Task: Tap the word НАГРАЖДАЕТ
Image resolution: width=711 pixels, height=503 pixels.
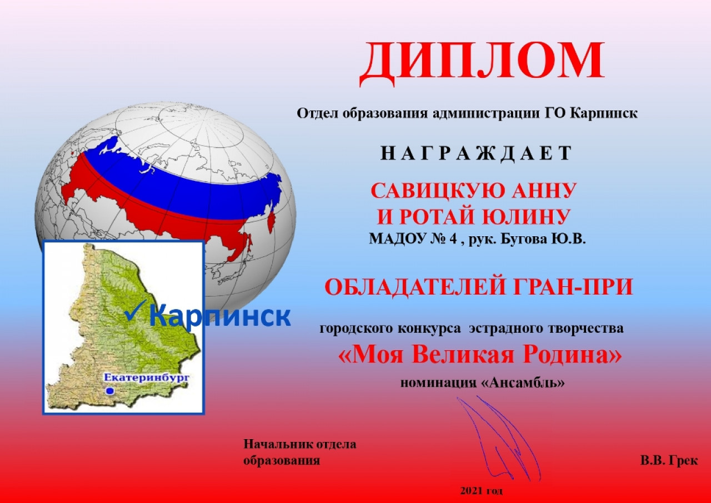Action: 476,153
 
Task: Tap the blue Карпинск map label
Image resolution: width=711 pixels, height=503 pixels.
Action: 219,315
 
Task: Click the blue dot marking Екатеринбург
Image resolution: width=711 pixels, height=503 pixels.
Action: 110,391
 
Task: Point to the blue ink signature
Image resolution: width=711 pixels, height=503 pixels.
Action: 499,439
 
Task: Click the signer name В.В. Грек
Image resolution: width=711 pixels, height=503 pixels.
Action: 669,460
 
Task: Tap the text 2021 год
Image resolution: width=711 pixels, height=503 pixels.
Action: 482,491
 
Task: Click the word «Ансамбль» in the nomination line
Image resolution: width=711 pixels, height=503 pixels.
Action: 523,382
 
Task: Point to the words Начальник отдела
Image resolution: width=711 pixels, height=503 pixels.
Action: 300,444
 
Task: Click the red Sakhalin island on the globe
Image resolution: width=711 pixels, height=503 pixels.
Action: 272,223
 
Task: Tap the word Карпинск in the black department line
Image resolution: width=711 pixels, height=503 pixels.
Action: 604,113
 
